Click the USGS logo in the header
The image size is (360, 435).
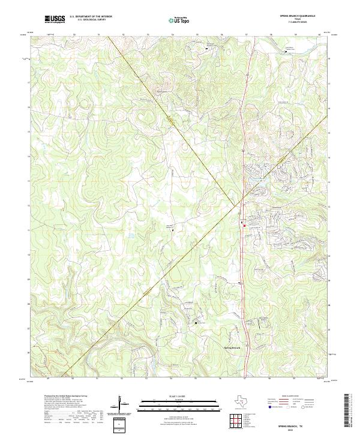(55, 19)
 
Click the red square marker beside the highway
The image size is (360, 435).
(244, 225)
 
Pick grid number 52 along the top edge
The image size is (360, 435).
(122, 35)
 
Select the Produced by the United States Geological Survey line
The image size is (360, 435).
(66, 397)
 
